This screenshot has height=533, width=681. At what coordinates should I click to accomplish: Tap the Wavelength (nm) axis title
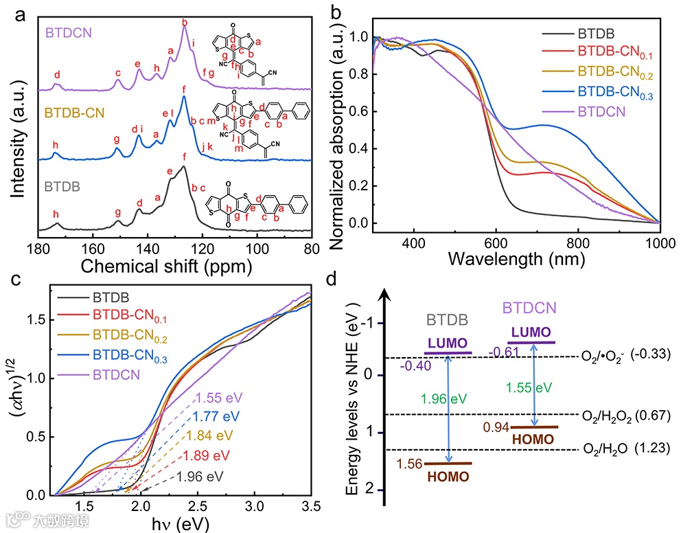525,260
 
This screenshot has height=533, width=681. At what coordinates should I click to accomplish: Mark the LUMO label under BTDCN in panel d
530,332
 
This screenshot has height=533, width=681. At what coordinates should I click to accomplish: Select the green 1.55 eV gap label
529,387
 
